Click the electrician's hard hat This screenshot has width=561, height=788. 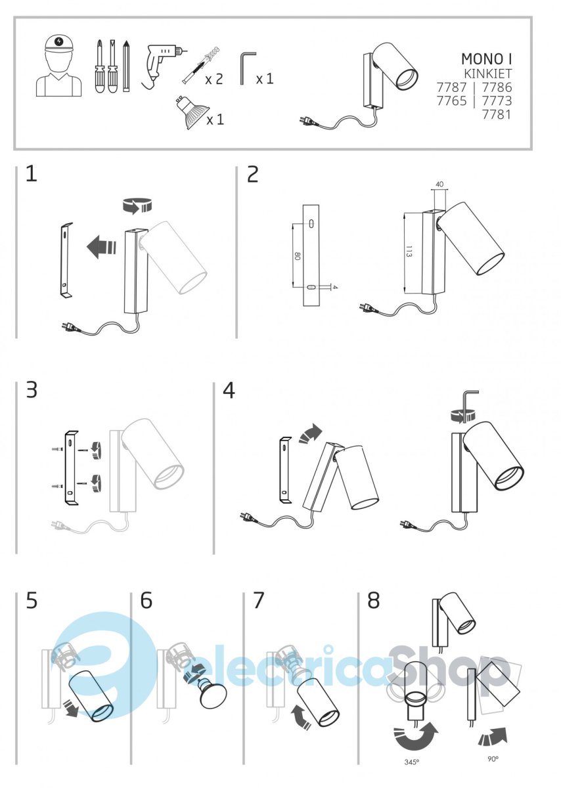tap(58, 43)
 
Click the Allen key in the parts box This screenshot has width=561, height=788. tap(248, 68)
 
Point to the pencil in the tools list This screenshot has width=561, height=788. tap(126, 66)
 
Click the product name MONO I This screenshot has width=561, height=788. tap(486, 59)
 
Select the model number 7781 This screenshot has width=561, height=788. tap(497, 115)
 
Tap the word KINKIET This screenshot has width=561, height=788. tap(488, 74)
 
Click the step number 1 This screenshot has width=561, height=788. tap(32, 174)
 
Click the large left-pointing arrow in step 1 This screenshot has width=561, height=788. tap(101, 247)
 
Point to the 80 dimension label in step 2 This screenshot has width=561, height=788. tap(297, 256)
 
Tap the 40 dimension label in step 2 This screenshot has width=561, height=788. tap(439, 184)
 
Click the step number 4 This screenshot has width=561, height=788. tap(229, 391)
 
